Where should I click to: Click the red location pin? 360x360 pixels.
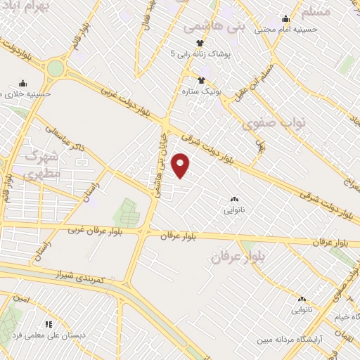click(x=181, y=166)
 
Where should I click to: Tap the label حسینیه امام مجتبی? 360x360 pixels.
click(x=286, y=30)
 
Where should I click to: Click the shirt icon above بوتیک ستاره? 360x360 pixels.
click(x=202, y=80)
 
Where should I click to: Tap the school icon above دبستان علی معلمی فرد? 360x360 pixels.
click(x=49, y=324)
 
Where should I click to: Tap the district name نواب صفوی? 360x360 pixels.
click(x=264, y=124)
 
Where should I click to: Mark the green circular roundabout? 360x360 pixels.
click(x=55, y=69)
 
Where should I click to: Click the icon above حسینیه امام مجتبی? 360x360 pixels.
click(x=286, y=18)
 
